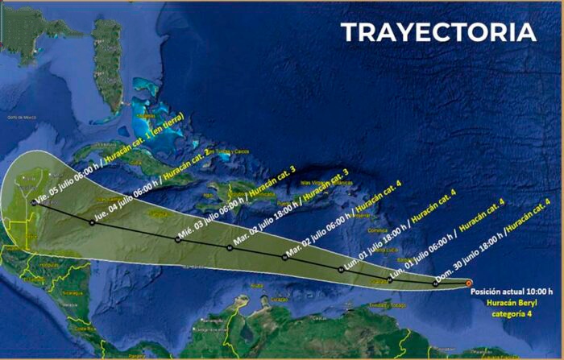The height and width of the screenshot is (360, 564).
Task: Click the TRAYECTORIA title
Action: tap(438, 32)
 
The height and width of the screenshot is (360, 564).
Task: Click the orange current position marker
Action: tap(470, 283)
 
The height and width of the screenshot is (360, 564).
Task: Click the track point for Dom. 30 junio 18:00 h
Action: tap(435, 283)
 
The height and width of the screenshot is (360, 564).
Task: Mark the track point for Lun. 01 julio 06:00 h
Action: tap(389, 279)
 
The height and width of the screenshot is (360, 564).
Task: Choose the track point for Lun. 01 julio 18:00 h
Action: tap(341, 269)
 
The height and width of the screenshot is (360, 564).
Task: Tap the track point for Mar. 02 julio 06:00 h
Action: tap(285, 257)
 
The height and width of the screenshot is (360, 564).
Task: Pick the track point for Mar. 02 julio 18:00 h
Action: tap(230, 247)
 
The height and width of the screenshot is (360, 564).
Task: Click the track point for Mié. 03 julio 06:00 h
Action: tap(177, 238)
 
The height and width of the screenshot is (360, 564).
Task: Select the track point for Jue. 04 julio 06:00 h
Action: tap(93, 221)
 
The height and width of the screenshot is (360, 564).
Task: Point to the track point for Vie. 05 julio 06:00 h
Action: tap(34, 204)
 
